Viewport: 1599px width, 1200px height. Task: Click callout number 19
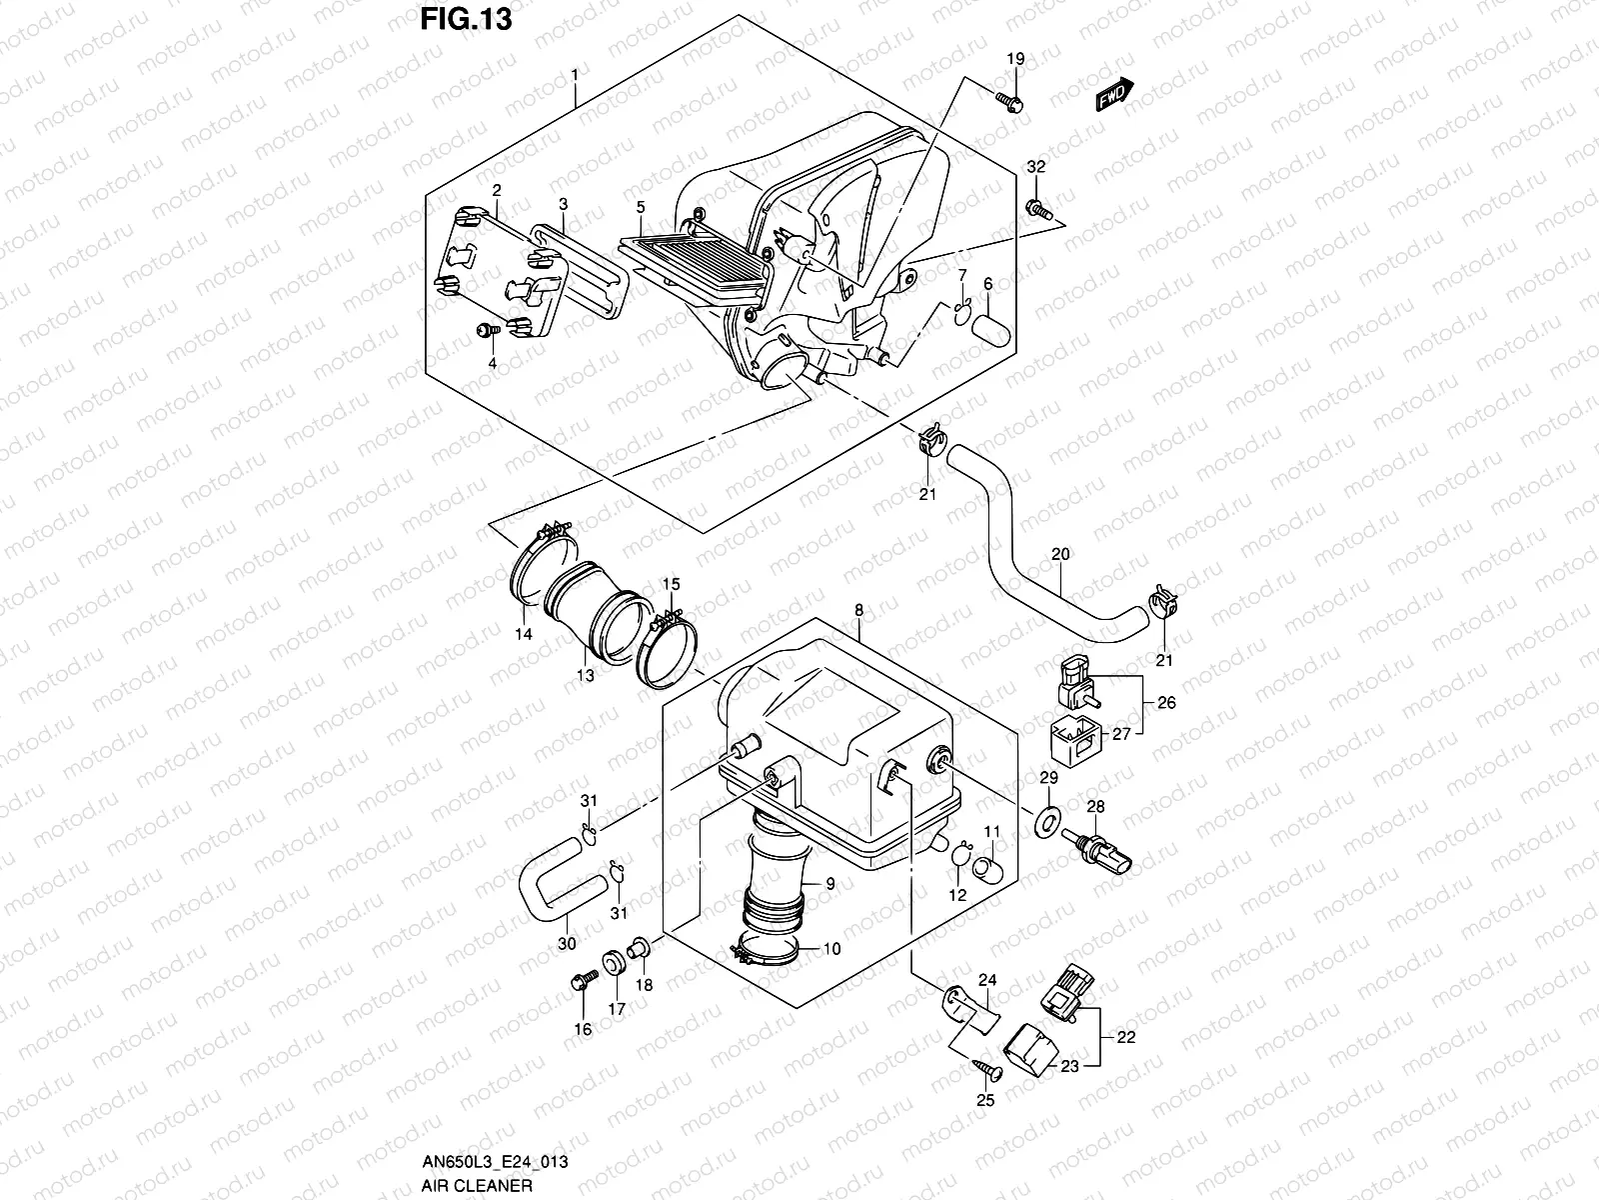click(1014, 60)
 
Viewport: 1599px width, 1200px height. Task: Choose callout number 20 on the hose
click(1060, 553)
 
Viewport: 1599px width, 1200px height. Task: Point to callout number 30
click(567, 943)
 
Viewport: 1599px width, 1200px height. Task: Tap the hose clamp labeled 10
click(767, 948)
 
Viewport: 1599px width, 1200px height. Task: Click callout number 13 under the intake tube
click(585, 675)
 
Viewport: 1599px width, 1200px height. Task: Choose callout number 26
click(1166, 702)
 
